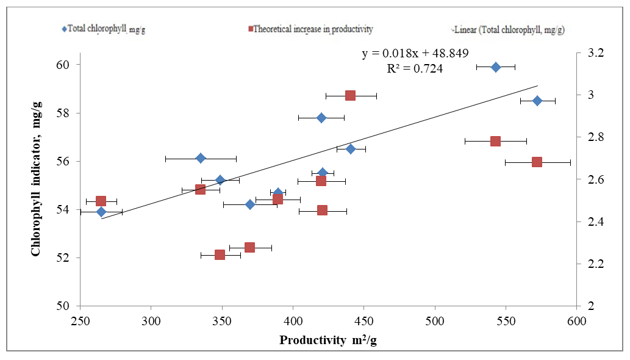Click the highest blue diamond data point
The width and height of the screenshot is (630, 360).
[496, 67]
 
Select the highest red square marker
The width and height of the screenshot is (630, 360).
[350, 95]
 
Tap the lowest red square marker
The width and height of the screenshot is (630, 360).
[220, 254]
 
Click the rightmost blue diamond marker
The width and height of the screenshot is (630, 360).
[537, 101]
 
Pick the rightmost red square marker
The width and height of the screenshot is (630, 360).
[537, 162]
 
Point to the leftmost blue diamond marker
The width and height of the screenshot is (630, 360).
[101, 212]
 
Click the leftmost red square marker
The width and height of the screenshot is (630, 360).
[101, 201]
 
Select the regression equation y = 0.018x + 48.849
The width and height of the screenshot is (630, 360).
[415, 54]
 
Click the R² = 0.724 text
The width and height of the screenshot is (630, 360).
[415, 69]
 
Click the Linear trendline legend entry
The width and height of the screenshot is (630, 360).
[512, 29]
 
